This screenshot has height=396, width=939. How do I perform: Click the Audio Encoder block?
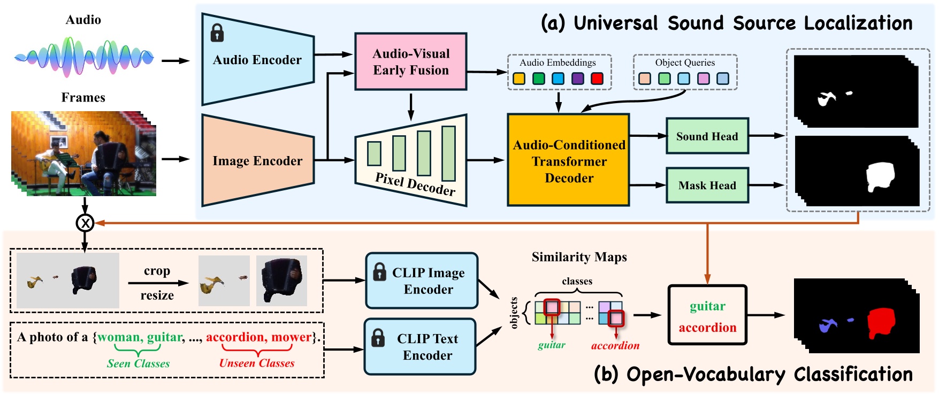(x=257, y=60)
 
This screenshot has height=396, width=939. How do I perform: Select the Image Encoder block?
(x=257, y=161)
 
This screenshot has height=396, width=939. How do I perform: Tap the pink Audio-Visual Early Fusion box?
(x=411, y=61)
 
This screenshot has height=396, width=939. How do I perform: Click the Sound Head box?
(x=707, y=136)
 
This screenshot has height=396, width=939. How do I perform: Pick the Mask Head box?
(x=707, y=185)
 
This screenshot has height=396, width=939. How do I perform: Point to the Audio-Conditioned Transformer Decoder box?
(x=568, y=161)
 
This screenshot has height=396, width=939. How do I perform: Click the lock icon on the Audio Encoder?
(x=217, y=33)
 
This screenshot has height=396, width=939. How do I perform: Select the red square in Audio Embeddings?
(x=597, y=79)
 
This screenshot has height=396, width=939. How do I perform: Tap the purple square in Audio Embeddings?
(x=577, y=79)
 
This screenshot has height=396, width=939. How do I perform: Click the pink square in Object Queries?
(x=703, y=79)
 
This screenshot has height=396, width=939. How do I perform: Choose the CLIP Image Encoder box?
(x=422, y=281)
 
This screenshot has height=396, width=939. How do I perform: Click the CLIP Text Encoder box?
(x=421, y=347)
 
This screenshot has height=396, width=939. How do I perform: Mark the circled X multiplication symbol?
(x=85, y=223)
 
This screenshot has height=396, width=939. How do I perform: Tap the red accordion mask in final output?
(x=881, y=323)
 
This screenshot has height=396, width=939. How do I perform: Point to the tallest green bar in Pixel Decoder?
(x=448, y=154)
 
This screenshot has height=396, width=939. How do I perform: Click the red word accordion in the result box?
(x=707, y=328)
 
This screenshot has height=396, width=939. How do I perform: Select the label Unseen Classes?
(x=257, y=363)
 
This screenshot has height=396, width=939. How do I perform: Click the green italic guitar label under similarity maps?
(x=551, y=345)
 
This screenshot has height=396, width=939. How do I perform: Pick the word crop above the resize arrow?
(x=157, y=271)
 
